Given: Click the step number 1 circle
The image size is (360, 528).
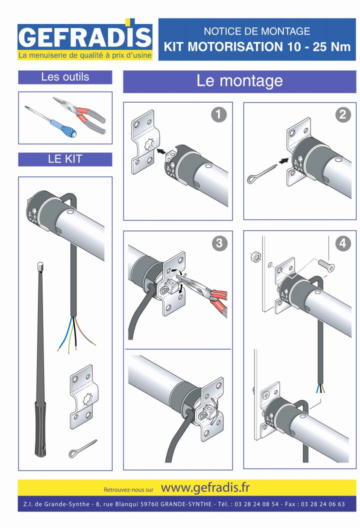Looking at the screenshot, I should [218, 115].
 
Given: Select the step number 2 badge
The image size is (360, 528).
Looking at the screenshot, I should [342, 115].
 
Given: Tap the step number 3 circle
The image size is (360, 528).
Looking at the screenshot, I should [218, 243].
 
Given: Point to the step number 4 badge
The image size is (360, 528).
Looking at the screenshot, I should [342, 243].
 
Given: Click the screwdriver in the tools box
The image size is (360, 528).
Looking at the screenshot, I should [50, 122].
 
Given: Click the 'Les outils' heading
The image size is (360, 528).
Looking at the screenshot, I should [65, 77].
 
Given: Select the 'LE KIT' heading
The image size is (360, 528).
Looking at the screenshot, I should [65, 159].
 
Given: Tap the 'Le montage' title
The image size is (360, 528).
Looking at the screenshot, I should [239, 80].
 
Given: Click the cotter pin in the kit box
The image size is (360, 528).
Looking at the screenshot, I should [82, 449].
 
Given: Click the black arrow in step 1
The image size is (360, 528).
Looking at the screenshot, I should [161, 149].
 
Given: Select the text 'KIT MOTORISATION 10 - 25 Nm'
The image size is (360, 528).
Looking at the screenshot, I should [257, 47].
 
